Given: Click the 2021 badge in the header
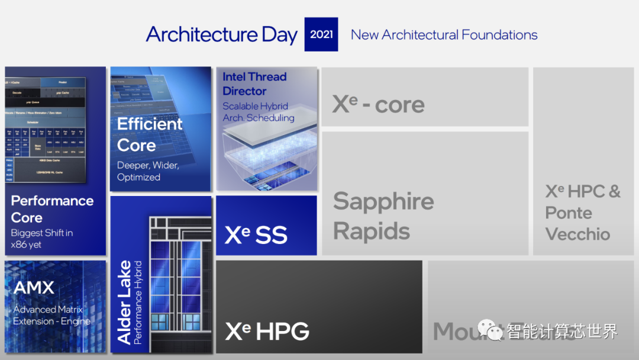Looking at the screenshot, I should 321,34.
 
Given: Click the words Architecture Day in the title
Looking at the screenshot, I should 222,34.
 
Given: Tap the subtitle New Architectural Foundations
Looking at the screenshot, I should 444,35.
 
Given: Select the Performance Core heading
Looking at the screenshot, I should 52,209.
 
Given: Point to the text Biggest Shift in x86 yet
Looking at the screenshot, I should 42,239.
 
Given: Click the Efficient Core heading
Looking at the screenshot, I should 150,134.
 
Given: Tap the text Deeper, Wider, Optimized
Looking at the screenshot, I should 148,171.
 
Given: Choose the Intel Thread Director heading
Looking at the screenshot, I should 254,84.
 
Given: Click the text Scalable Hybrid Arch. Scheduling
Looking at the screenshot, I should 258,112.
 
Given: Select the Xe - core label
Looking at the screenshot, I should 378,104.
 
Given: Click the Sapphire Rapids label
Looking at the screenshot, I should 383,216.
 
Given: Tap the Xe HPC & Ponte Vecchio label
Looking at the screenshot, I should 582,213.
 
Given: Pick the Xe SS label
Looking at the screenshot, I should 256,235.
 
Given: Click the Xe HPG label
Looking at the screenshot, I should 267,331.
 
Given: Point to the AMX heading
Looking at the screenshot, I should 34,288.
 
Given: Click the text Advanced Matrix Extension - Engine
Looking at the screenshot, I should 52,316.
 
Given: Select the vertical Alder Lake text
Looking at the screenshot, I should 125,303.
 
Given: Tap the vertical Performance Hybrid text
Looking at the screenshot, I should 138,303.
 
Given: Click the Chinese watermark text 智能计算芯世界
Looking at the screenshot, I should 562,331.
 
